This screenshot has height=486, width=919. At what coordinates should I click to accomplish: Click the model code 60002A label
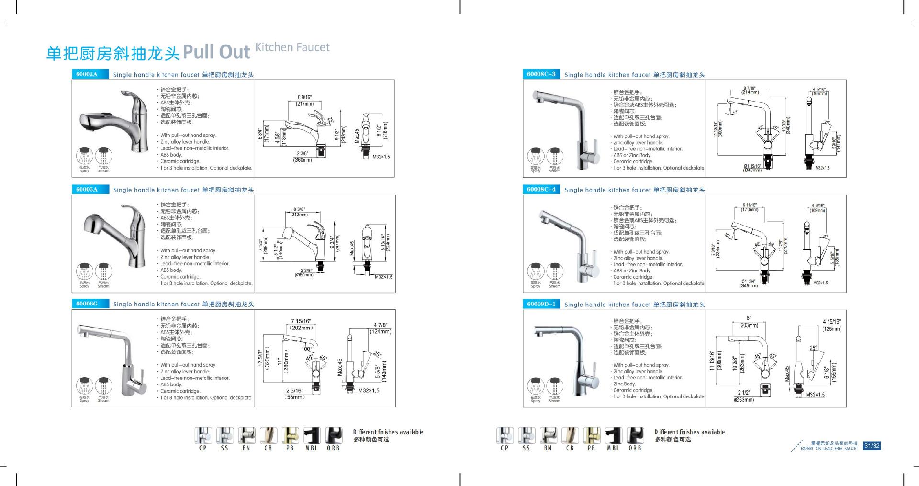click(87, 74)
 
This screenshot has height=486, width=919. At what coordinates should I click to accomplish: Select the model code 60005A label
click(87, 190)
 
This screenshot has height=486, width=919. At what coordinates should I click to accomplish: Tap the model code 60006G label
click(87, 304)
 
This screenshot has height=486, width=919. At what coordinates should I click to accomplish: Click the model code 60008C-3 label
click(541, 74)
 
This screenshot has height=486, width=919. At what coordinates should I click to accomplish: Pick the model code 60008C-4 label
click(541, 190)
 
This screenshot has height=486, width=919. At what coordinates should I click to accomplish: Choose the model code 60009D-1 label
click(541, 304)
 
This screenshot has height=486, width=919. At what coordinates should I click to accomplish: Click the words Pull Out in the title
click(216, 52)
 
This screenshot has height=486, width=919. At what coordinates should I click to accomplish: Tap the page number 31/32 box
click(872, 446)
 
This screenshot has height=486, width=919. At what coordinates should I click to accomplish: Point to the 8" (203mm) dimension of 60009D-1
click(749, 322)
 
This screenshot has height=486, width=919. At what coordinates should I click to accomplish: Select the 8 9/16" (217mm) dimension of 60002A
click(304, 101)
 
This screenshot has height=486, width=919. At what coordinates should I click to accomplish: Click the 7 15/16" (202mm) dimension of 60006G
click(301, 324)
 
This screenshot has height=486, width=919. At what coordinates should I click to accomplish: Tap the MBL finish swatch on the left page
click(312, 435)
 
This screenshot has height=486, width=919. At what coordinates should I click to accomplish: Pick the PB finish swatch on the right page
click(592, 435)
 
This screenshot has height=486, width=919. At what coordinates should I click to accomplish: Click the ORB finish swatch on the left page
click(334, 435)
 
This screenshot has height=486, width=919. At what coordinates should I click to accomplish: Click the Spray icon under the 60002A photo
click(85, 156)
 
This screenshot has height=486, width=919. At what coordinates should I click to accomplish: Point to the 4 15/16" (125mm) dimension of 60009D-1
click(832, 325)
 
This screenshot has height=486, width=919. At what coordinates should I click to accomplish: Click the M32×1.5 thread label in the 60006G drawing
click(369, 390)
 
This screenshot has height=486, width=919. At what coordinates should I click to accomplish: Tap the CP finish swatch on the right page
click(504, 435)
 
